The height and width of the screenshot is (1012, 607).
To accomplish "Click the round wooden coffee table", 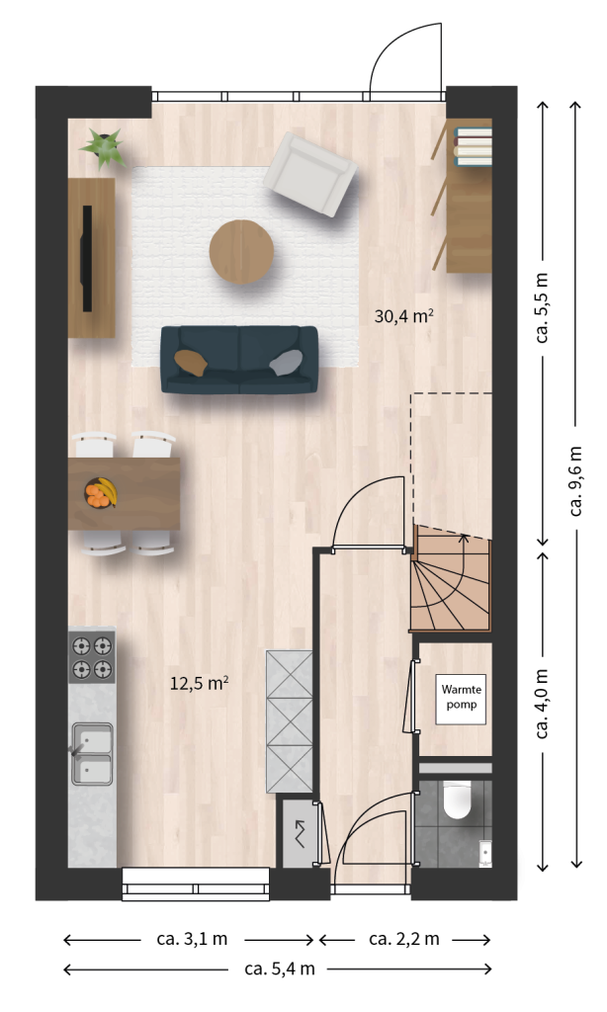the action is coord(241,252).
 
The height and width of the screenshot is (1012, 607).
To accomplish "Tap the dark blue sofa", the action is coord(239,360).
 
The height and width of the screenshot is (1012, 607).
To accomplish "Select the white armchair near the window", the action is coord(310,174).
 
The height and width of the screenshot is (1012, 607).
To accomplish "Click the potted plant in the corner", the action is coord(104,147).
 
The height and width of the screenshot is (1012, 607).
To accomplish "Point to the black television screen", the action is coord(86,258).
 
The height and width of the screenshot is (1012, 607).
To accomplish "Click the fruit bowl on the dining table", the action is coord(101,493).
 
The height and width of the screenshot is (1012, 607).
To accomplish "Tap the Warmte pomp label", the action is coord(461,697).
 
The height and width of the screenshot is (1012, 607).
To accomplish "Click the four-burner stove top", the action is coord(92,657).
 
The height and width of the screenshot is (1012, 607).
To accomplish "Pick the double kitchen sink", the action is coord(92,753).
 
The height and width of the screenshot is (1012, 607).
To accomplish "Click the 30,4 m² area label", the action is coord(403,316).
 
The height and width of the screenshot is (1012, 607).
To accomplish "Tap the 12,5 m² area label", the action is coord(199,683).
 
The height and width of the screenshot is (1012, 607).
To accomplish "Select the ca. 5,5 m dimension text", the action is coord(542,307).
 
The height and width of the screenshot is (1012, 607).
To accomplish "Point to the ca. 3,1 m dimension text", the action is coord(192,939).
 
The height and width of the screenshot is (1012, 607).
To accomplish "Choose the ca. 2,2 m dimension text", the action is coord(404,939).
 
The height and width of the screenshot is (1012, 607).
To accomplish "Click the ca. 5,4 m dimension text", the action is coord(280,969).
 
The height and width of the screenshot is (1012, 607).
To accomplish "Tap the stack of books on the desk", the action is coord(474,146).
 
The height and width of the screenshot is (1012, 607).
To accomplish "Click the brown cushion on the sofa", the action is coord(191,362).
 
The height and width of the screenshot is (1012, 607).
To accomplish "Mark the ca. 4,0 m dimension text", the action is coord(542,704).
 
